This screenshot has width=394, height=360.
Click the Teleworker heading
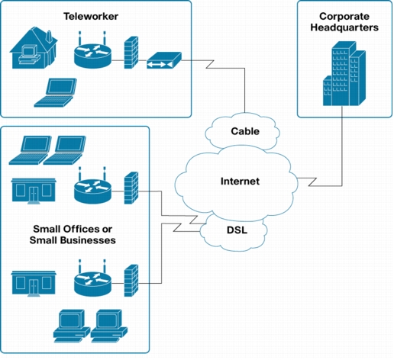tap(91, 16)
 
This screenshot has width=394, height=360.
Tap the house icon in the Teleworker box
tap(34, 48)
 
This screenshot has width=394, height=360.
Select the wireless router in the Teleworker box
tap(92, 51)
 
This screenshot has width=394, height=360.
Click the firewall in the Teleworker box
tap(131, 53)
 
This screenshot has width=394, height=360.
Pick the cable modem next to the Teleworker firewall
tap(164, 60)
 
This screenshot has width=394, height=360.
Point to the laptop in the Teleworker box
tap(56, 92)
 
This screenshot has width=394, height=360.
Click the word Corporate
tap(344, 17)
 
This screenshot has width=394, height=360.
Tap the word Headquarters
tap(344, 27)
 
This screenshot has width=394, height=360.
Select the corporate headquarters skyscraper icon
tap(344, 73)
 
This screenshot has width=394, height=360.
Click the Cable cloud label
tap(245, 131)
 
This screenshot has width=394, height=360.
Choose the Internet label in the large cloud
tap(240, 181)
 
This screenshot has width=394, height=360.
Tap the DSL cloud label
tap(237, 230)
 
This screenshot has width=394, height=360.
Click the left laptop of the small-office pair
tap(31, 150)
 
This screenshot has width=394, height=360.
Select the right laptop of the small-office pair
tap(65, 150)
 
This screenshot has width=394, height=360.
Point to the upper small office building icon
tap(34, 191)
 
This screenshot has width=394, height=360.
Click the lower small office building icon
tap(34, 284)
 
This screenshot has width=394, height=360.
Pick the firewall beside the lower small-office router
tap(131, 281)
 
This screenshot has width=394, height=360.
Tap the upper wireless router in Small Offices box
tap(92, 186)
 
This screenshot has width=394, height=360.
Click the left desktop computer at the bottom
tap(72, 326)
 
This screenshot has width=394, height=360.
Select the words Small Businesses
tap(73, 240)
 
